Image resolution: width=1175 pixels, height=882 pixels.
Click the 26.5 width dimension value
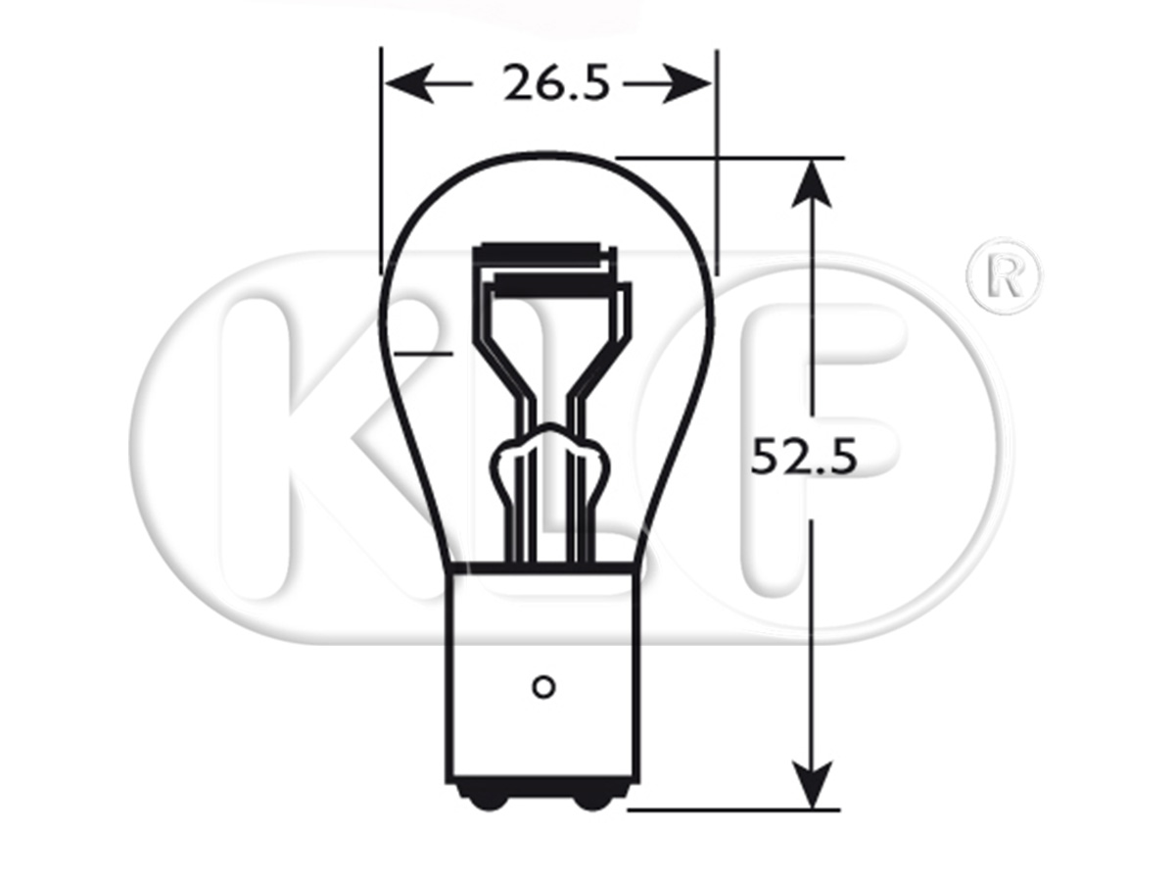tap(557, 85)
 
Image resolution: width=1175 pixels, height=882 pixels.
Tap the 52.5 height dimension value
tap(804, 457)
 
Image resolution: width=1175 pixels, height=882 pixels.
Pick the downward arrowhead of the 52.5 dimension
tap(812, 787)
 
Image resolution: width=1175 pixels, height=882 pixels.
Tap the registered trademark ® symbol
tap(1004, 275)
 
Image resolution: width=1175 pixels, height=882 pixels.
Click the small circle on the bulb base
tap(542, 685)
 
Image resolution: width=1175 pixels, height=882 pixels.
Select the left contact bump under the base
tap(487, 799)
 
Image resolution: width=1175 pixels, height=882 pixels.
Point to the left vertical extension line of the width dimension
tap(381, 157)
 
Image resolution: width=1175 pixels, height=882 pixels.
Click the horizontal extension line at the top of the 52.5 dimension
tap(729, 157)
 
